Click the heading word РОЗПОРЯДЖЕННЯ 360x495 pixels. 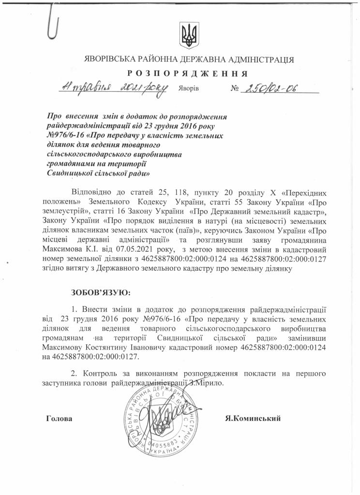click(188, 74)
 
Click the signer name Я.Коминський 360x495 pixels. click(253, 419)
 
